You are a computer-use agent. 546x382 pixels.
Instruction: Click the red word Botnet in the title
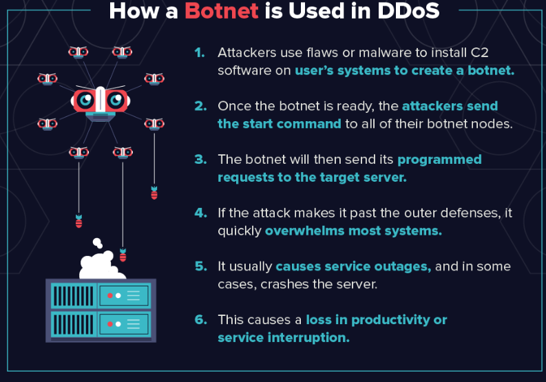click(x=222, y=10)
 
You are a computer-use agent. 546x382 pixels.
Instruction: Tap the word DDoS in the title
click(x=408, y=10)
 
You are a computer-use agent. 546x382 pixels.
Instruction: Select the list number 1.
click(x=200, y=52)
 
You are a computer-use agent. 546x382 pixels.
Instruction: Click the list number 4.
click(x=200, y=213)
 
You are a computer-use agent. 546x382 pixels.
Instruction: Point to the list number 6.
click(x=200, y=319)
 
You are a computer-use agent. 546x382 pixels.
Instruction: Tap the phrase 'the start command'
click(x=280, y=124)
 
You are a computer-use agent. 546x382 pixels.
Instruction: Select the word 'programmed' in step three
click(x=439, y=160)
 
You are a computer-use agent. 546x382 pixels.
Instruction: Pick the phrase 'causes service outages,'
click(x=353, y=266)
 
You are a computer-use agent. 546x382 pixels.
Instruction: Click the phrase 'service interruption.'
click(x=284, y=337)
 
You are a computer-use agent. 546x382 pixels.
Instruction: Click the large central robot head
click(x=101, y=103)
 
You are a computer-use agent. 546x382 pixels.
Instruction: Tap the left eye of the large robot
click(x=85, y=100)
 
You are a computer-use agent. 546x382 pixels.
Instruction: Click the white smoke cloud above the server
click(x=101, y=261)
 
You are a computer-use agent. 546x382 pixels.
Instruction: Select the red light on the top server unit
click(x=110, y=296)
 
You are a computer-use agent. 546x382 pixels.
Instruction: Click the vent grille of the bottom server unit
click(x=74, y=324)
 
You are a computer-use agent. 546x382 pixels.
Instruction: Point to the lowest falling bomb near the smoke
click(x=123, y=255)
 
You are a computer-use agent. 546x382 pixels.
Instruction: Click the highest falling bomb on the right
click(x=154, y=193)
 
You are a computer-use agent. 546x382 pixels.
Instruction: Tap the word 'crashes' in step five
click(x=284, y=284)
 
